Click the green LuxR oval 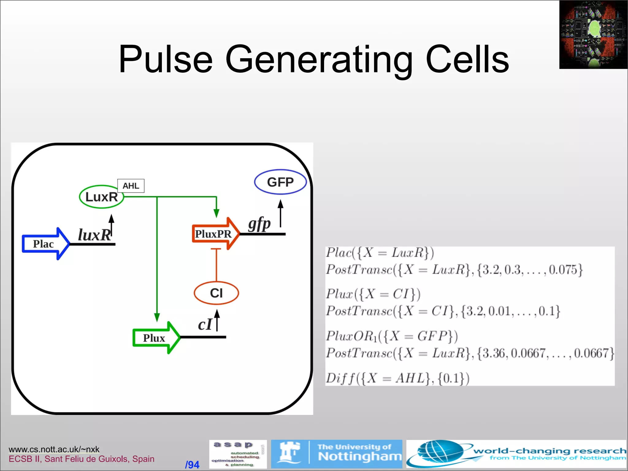tap(101, 197)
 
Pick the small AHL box tap(131, 186)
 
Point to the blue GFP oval tap(280, 182)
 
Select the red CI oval tap(216, 293)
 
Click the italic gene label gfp tap(259, 224)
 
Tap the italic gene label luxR tap(94, 235)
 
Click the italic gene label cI tap(205, 325)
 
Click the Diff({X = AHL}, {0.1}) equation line tap(397, 378)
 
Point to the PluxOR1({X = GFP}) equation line tap(392, 336)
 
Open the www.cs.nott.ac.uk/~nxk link tap(54, 449)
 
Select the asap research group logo tap(238, 454)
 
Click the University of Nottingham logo tap(336, 454)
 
